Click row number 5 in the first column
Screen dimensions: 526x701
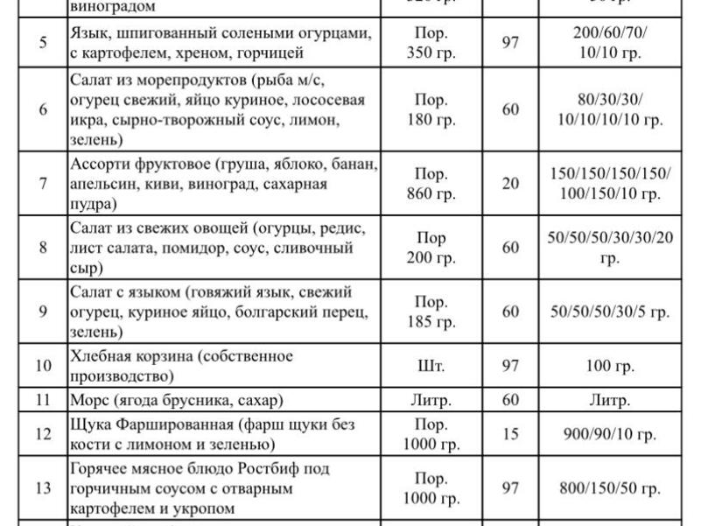(43, 43)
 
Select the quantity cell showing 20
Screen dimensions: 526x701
(510, 183)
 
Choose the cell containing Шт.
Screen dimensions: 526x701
(431, 366)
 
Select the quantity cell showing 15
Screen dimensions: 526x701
(510, 434)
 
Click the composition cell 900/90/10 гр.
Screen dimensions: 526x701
(611, 434)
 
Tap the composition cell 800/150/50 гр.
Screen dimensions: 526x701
(611, 488)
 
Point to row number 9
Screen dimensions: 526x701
(43, 312)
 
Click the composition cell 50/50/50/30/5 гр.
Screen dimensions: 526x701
(611, 312)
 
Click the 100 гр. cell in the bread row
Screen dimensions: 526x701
(611, 366)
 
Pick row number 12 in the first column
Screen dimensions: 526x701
(43, 434)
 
